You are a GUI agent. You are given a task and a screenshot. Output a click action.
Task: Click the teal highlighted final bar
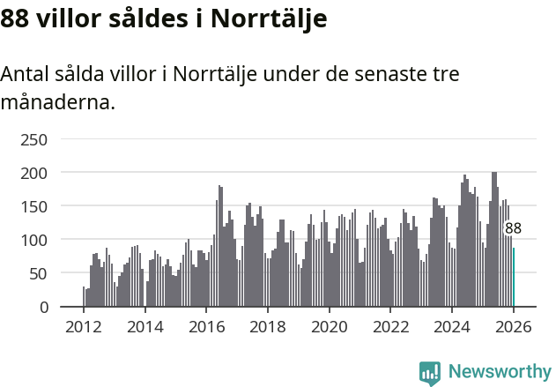(514, 277)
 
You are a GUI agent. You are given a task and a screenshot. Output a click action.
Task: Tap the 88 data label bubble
(513, 228)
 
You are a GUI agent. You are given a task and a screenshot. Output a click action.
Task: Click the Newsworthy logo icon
(430, 373)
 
